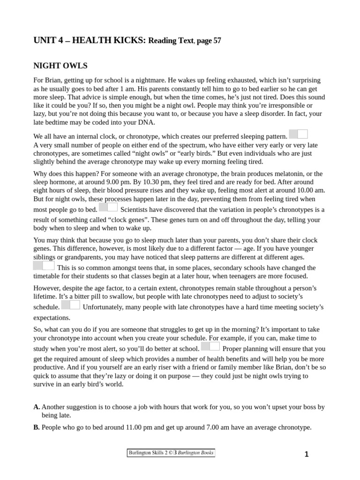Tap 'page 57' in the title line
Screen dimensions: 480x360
coord(209,41)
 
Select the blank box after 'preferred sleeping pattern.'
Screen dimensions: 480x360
coord(298,135)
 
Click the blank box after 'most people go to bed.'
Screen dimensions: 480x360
coord(108,207)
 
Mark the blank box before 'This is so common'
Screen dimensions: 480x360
coord(44,265)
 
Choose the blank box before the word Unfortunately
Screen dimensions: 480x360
coord(71,305)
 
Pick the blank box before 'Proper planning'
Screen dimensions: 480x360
coord(210,346)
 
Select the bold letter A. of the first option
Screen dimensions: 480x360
coord(37,407)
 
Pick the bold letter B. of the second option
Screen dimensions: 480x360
coord(37,427)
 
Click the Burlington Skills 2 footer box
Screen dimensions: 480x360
coord(171,453)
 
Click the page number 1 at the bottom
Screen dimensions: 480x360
coord(307,454)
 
